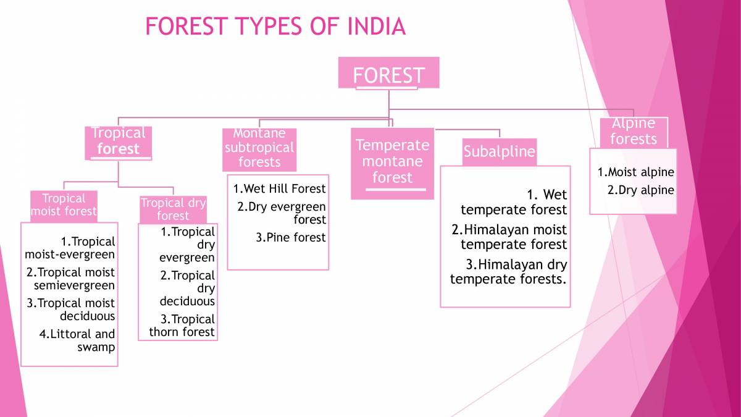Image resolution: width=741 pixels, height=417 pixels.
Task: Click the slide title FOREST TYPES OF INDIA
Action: [x=275, y=27]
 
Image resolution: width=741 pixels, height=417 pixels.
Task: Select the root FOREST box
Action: [x=388, y=75]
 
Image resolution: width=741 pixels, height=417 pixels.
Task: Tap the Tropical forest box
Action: [x=118, y=141]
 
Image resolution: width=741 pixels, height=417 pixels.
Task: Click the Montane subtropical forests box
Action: [x=259, y=149]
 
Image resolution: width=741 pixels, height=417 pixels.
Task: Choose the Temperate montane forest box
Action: [x=392, y=162]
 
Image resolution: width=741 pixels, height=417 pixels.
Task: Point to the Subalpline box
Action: [x=499, y=152]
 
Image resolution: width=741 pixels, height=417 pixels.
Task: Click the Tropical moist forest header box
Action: [x=64, y=205]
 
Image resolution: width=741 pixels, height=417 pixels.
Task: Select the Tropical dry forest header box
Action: [x=173, y=209]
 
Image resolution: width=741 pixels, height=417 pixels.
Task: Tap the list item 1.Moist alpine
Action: [x=635, y=172]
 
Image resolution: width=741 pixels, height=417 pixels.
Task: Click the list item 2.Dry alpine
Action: [x=640, y=190]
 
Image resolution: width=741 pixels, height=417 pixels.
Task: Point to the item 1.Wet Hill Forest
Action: [x=279, y=188]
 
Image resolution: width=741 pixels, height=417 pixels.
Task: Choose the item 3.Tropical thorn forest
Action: [x=183, y=326]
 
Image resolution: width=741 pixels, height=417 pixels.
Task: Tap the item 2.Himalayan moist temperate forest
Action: [x=509, y=237]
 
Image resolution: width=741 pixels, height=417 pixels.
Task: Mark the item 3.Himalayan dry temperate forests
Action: [x=509, y=272]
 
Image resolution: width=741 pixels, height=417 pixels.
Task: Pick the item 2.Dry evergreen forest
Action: [x=283, y=213]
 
